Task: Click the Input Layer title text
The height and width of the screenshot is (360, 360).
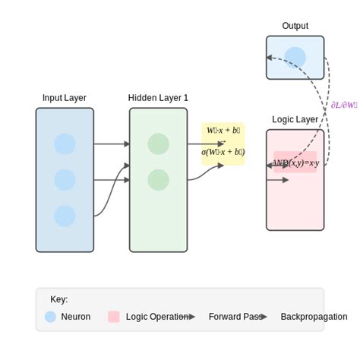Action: coord(65,98)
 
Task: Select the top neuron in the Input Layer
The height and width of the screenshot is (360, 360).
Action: coord(65,144)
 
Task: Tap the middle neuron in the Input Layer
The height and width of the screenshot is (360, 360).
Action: coord(65,180)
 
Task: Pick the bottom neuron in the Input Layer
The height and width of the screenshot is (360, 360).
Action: coord(65,216)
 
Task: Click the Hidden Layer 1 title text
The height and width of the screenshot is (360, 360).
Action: coord(158,98)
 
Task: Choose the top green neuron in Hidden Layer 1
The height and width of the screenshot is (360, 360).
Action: coord(158,144)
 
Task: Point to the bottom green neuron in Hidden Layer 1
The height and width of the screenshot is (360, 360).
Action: coord(158,180)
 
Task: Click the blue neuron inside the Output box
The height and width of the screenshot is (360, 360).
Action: coord(295,58)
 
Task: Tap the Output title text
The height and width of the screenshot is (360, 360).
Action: coord(295,26)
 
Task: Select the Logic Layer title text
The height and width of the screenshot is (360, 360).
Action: coord(295,119)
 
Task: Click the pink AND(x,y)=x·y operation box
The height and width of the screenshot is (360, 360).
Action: coord(295,162)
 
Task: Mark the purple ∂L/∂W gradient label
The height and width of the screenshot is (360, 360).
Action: coord(343,105)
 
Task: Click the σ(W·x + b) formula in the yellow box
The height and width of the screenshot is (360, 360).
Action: coord(223,152)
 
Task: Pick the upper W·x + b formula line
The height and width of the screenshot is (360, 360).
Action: coord(223,131)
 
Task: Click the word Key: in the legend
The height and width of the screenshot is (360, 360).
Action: coord(58,299)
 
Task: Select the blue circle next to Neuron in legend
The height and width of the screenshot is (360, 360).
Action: coord(50,317)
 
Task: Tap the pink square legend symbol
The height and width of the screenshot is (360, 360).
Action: coord(114,317)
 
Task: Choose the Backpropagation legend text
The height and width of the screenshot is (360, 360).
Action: coord(314,317)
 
